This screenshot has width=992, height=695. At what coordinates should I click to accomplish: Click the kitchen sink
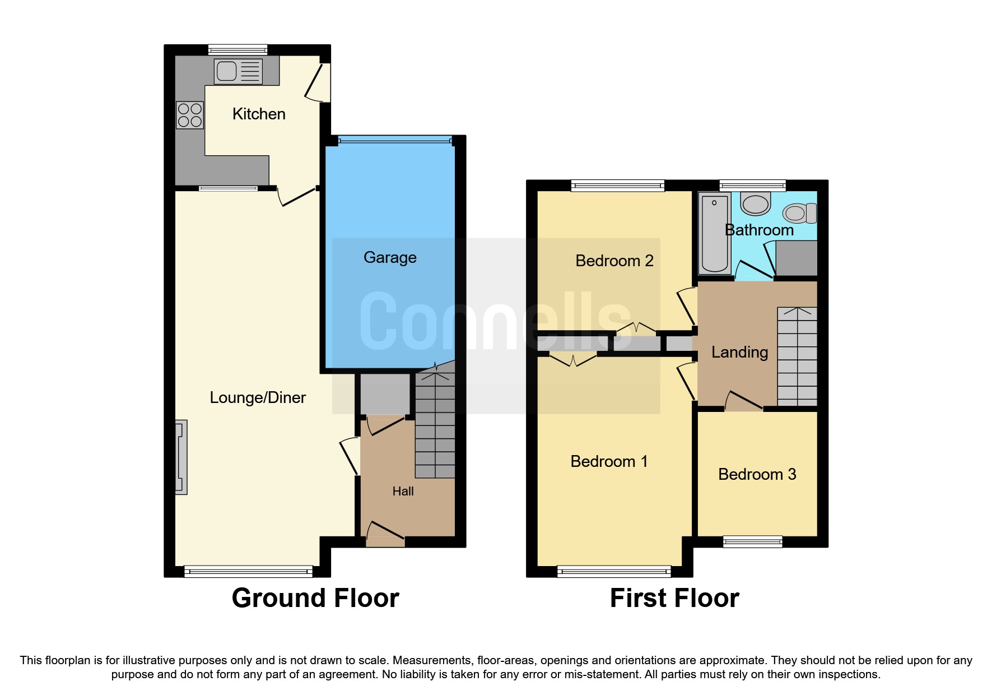pos(238,71)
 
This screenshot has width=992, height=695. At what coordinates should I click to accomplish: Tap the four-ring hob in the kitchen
pos(189,115)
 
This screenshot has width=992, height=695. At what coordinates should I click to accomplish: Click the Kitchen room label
pos(259,114)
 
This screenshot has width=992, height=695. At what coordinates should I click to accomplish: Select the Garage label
pos(390,257)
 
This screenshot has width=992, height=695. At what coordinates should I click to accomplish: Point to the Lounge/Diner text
pos(258,397)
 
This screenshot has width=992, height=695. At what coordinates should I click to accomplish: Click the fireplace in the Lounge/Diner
pos(181,457)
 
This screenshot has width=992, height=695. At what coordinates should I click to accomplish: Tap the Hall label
pos(403,491)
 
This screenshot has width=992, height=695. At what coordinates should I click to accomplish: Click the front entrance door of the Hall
pos(385,534)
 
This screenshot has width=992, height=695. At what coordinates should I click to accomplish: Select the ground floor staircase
pos(435,426)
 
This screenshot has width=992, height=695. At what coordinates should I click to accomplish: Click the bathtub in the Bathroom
pos(714,233)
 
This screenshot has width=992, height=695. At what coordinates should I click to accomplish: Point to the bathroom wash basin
pos(756,203)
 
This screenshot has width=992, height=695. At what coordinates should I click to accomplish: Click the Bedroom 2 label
pos(614,261)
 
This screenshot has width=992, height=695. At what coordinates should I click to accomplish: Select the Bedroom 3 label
pos(757,474)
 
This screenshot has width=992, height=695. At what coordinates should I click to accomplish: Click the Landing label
pos(739,352)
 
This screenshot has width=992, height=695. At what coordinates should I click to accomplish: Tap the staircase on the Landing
pos(797,356)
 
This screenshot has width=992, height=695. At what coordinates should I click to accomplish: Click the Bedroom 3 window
pos(752,541)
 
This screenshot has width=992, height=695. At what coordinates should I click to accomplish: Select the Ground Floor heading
pos(315,597)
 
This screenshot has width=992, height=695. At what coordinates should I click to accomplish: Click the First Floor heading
pos(674,597)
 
